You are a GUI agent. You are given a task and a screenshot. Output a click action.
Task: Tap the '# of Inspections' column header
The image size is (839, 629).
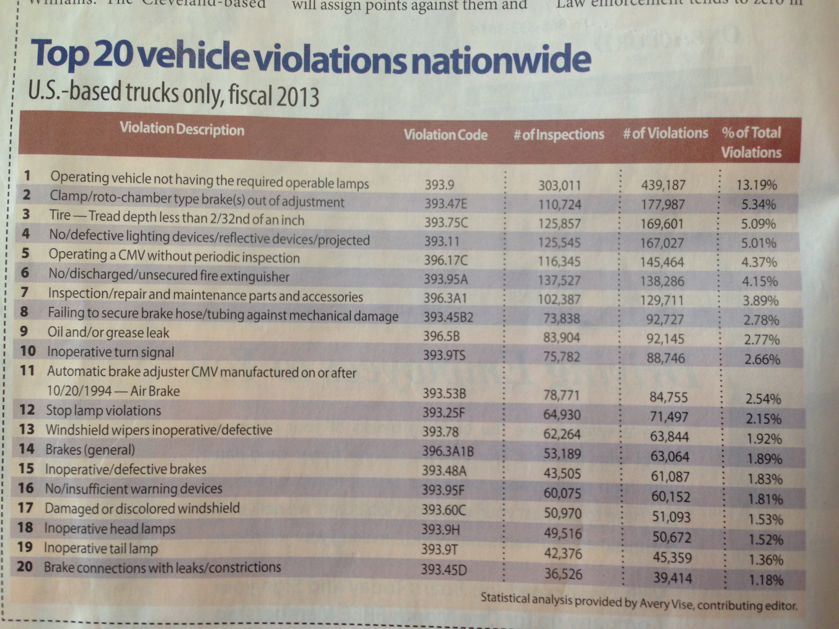coord(559,134)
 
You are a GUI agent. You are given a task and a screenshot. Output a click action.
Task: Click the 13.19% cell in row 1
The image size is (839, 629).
coord(757,185)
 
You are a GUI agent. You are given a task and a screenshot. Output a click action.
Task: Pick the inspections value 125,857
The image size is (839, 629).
coord(559,223)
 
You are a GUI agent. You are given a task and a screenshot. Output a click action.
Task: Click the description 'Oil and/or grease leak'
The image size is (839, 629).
coord(108,332)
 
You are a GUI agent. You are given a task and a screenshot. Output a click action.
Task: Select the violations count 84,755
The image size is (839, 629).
coord(668,397)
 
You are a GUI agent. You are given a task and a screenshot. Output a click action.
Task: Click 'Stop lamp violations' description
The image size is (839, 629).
coord(103,410)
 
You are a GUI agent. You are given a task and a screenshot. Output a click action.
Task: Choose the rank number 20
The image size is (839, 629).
coord(25,567)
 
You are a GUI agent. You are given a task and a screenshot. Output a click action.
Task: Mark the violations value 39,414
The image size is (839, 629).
coord(672,578)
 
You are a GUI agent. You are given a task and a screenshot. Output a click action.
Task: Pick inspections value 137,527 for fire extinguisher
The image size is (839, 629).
coord(559,281)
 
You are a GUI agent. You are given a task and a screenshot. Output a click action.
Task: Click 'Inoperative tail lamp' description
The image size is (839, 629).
coord(101,548)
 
